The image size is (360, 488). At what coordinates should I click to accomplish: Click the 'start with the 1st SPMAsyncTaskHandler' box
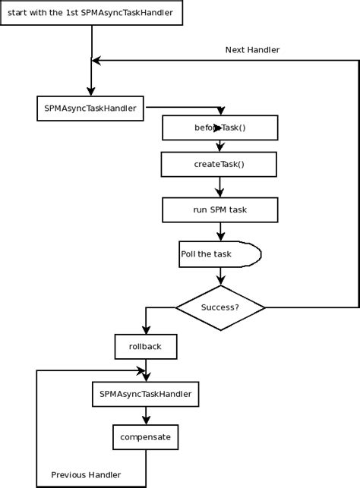pos(91,14)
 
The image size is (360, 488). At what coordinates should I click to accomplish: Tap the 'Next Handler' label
pos(252,50)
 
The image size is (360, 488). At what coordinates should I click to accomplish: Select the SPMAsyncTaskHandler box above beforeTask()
pos(90,108)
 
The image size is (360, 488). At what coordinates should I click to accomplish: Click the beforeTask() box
pos(219,128)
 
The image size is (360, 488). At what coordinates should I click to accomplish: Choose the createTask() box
pos(219,164)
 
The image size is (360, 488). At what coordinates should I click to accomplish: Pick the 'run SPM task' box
pos(219,209)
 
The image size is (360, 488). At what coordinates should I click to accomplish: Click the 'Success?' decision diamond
pos(220,307)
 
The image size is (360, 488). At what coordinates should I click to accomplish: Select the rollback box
pos(145,348)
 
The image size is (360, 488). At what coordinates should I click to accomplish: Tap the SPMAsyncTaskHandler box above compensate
pos(145,394)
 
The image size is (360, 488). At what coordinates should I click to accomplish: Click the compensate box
pos(145,437)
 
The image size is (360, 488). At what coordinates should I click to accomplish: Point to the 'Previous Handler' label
pos(86,475)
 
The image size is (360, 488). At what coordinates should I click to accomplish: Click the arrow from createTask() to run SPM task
pos(219,187)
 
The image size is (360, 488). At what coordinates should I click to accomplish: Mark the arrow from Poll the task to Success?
pos(219,276)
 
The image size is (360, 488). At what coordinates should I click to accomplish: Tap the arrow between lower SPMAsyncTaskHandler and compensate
pos(145,416)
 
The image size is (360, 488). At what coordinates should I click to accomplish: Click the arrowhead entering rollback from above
pos(145,331)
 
